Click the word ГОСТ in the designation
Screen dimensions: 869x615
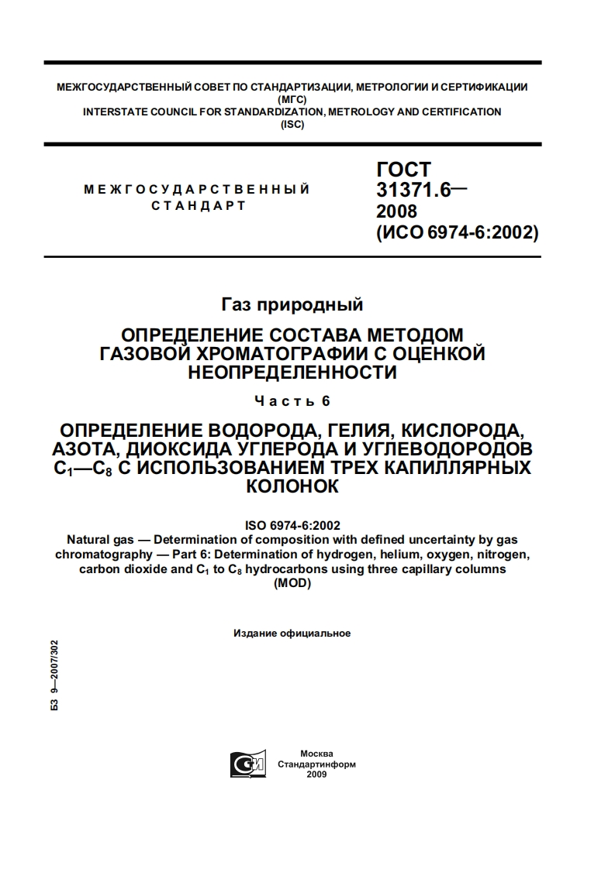(403, 170)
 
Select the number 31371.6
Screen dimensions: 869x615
(413, 191)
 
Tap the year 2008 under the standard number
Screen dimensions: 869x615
(396, 211)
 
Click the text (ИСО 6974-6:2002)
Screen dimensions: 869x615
(457, 232)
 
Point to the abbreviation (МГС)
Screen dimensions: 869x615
(292, 99)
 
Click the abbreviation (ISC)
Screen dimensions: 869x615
(292, 124)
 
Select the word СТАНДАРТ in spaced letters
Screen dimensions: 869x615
(199, 206)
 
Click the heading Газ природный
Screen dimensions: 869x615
(292, 304)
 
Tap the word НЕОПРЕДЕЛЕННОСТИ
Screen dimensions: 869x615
(292, 373)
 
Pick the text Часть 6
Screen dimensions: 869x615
(292, 401)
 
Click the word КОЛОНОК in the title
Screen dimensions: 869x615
(292, 486)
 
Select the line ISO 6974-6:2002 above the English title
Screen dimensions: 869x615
(292, 524)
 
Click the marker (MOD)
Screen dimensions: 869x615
(292, 585)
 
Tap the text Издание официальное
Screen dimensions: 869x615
(292, 634)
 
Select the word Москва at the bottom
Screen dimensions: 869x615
(316, 754)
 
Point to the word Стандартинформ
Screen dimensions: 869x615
(316, 764)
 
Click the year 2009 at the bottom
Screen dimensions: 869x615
(316, 774)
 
